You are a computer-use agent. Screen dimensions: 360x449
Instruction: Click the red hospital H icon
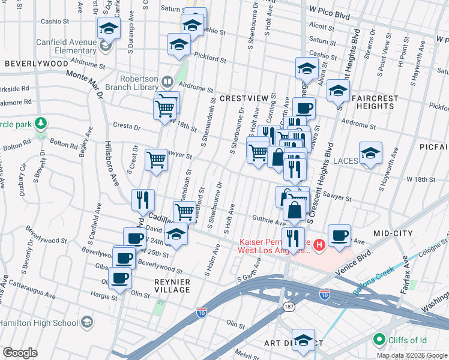coord(319,245)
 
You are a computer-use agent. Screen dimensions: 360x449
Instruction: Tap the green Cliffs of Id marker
coord(379,340)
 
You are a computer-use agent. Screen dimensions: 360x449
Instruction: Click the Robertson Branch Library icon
coord(167,81)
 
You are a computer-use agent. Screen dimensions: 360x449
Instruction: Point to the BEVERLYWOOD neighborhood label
coord(37,63)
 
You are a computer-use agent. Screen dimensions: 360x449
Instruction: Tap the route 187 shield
coord(288,306)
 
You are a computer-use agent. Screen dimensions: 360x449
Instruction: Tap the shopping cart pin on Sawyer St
coord(157,160)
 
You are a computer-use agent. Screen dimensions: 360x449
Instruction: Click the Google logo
coord(20,353)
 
